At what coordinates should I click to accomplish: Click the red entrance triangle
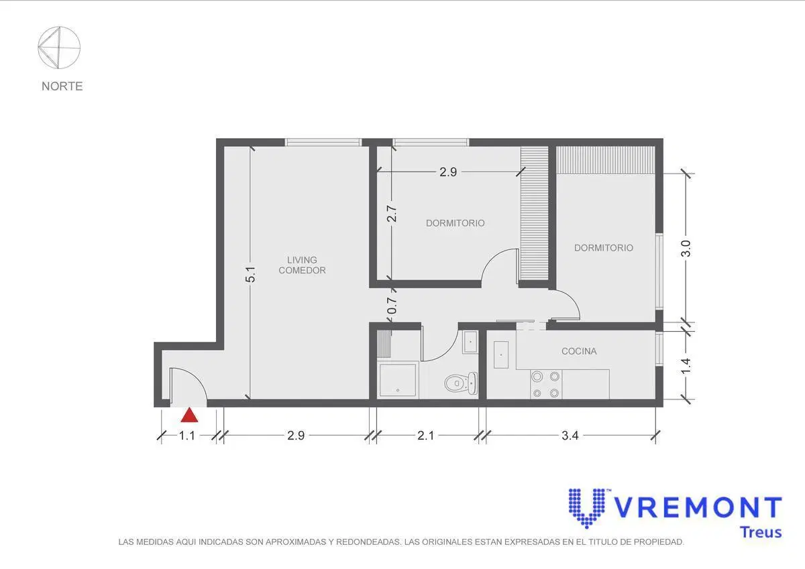coord(189,416)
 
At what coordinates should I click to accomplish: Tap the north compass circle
coord(59,27)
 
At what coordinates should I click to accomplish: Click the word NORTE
coord(62,86)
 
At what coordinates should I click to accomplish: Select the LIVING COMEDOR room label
coord(303,265)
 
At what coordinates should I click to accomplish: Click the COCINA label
coord(579,351)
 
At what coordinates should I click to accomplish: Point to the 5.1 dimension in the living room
coord(251,274)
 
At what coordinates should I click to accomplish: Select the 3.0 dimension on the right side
coord(686,249)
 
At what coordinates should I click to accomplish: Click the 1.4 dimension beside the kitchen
coord(686,366)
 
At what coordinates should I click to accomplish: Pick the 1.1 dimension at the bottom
coord(187,436)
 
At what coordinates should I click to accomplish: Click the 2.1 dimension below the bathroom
coord(426,436)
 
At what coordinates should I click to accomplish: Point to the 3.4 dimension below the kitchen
coord(570,436)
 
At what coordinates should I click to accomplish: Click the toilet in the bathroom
coord(461,383)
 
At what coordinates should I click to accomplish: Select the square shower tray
coord(398,381)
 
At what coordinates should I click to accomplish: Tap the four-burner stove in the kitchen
coord(546,385)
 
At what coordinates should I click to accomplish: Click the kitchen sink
coord(501,355)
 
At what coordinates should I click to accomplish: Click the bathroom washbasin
coord(470,342)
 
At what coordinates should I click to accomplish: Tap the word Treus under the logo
coord(761,532)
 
